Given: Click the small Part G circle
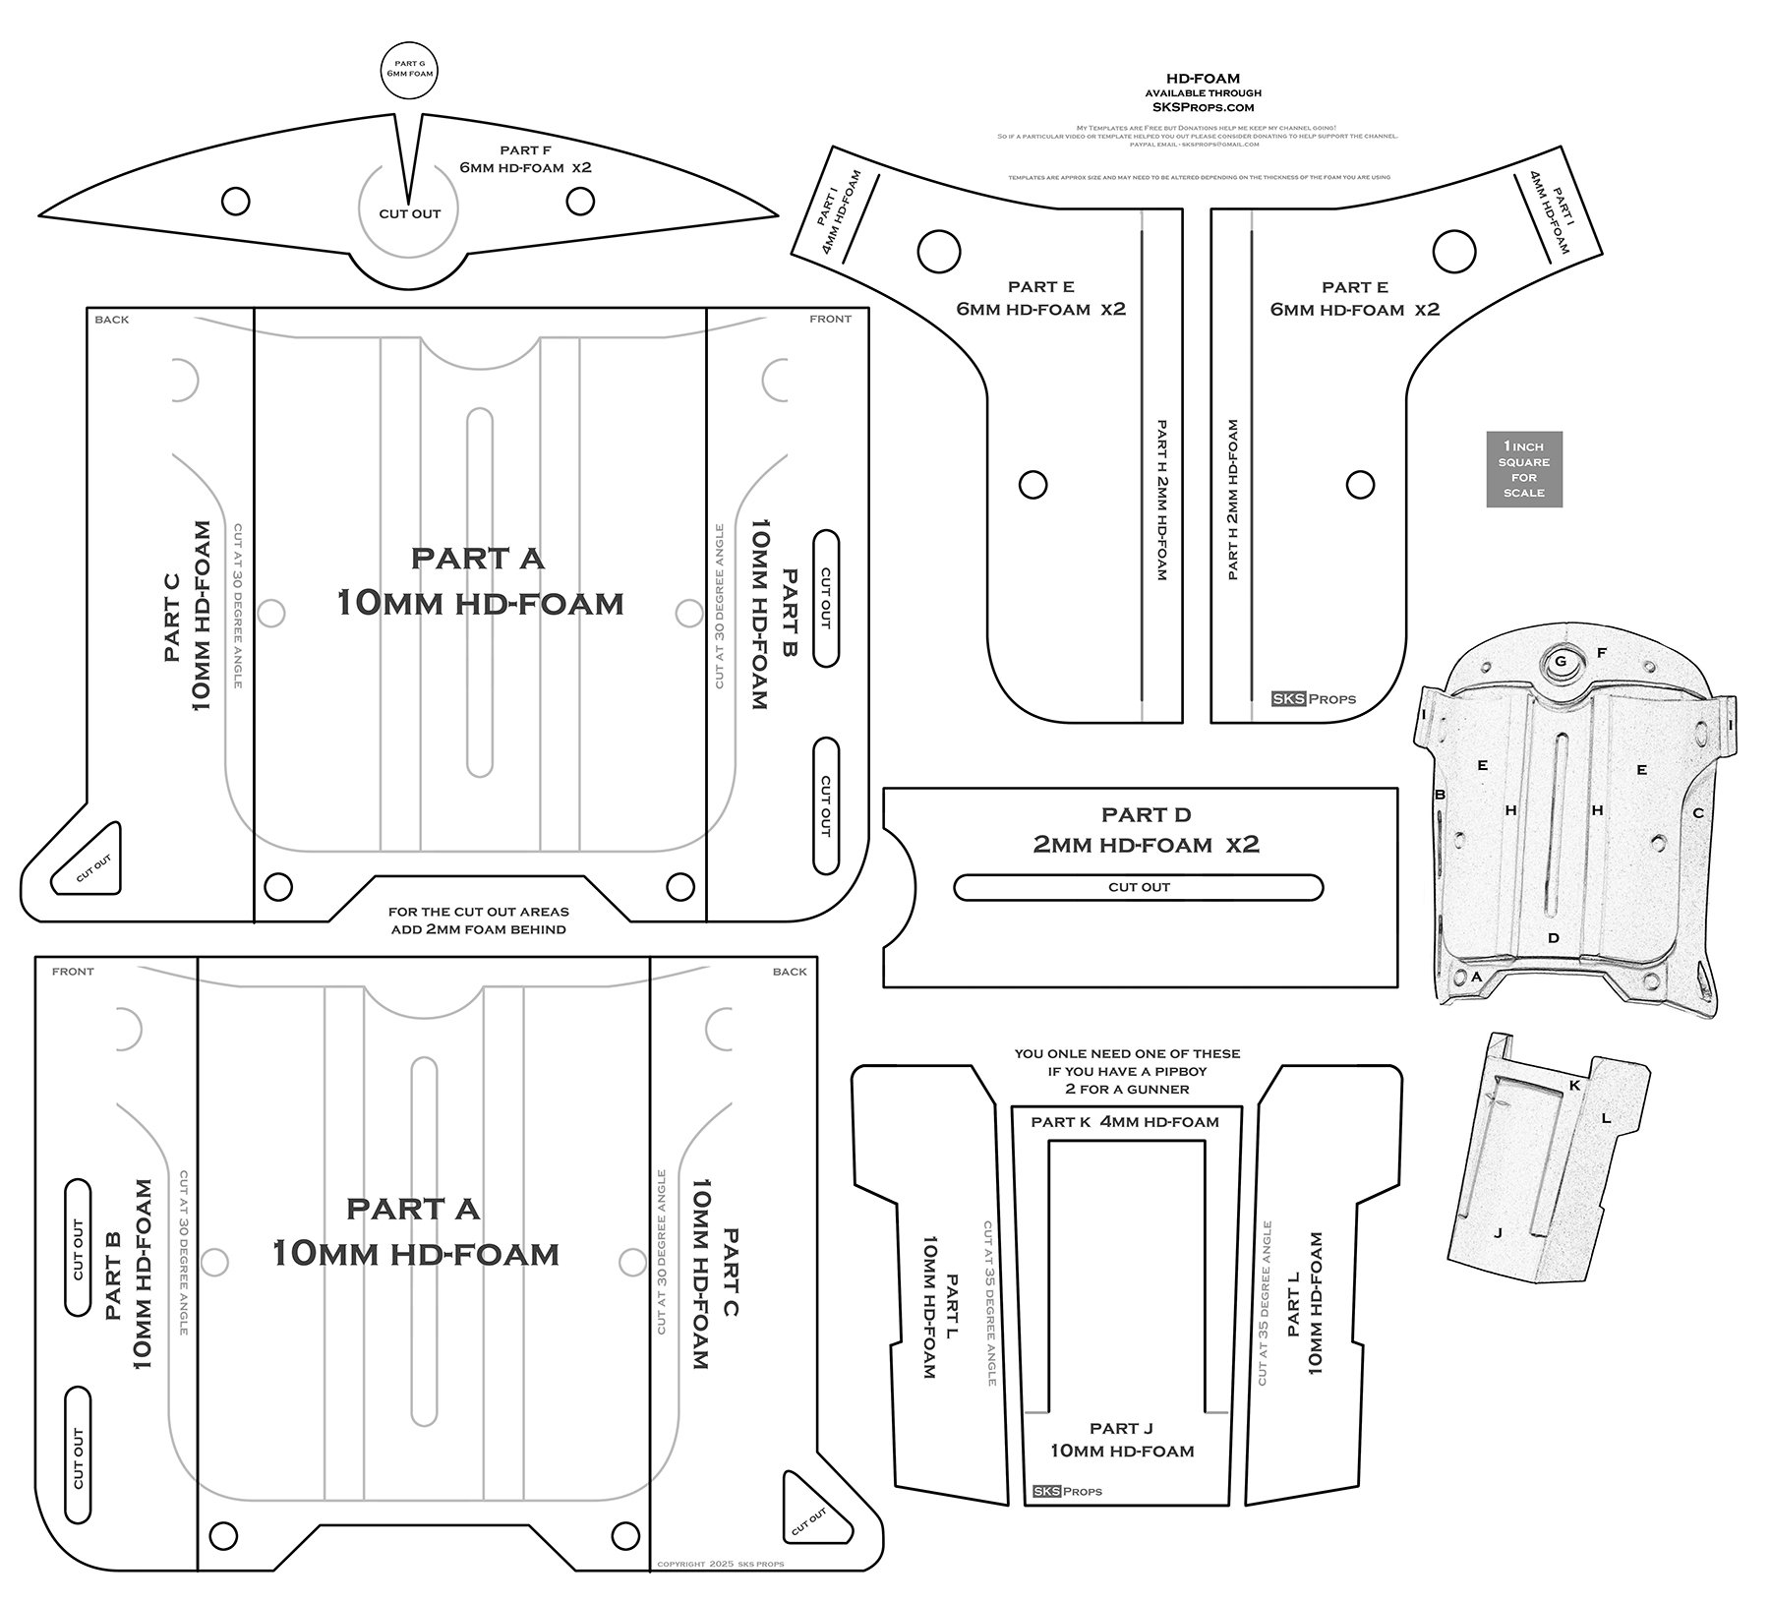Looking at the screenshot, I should (408, 68).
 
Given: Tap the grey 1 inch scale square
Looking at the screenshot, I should (1523, 469).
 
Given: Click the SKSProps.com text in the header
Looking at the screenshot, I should (1203, 107).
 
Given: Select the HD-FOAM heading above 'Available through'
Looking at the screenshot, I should (1203, 79).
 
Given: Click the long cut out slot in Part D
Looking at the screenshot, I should (1138, 887).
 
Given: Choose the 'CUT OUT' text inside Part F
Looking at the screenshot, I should (410, 213).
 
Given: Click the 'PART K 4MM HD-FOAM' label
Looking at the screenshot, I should (1124, 1122).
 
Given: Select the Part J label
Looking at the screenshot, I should (1121, 1440).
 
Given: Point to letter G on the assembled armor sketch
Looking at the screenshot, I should (1561, 662).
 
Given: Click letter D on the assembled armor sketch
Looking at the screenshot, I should (1554, 937).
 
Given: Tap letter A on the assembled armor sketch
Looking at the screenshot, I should (1476, 977).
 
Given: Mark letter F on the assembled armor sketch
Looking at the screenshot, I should (1601, 653).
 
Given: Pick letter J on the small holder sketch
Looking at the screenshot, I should (1498, 1232).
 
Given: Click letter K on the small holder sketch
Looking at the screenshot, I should (1574, 1086).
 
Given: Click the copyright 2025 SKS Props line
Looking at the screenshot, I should (720, 1564).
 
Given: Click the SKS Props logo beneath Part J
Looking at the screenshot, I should (1067, 1491).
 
